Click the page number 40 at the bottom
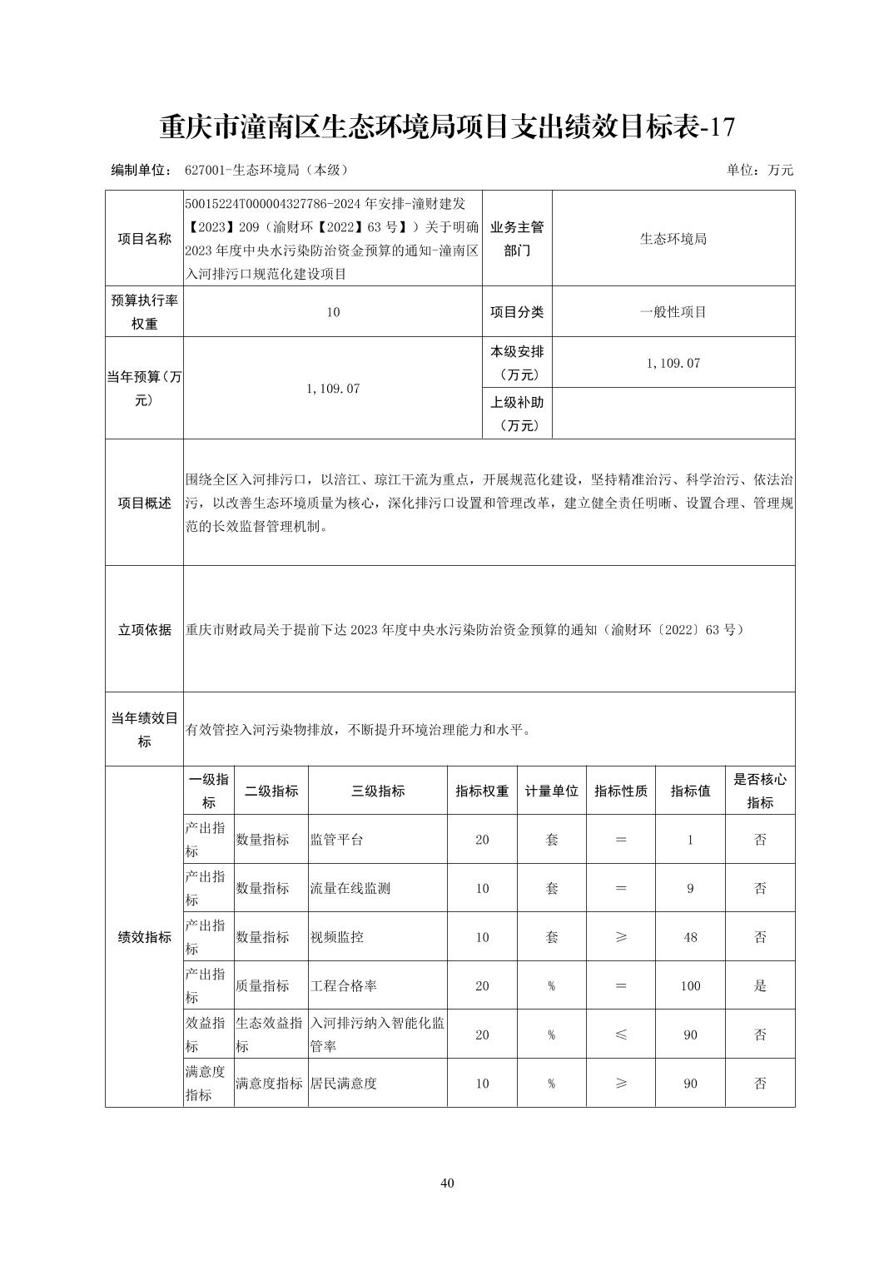click(447, 1183)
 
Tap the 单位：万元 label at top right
click(759, 170)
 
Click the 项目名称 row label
click(144, 238)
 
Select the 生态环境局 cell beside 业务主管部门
click(673, 238)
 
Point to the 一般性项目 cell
click(673, 312)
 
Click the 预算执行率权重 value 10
click(333, 312)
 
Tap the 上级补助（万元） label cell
click(517, 414)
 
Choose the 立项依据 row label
click(144, 629)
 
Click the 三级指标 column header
click(377, 791)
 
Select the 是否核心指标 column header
click(759, 791)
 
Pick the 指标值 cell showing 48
click(690, 937)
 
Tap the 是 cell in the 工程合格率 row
click(759, 985)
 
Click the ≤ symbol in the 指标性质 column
click(620, 1034)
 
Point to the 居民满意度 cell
click(344, 1084)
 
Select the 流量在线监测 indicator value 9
click(690, 888)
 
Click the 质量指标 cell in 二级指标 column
click(263, 985)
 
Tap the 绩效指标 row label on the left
click(144, 937)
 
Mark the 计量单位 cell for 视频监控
click(551, 937)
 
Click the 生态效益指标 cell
click(270, 1034)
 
